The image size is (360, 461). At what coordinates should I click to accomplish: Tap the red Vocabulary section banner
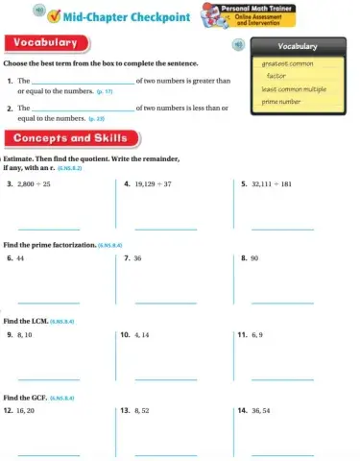click(x=47, y=43)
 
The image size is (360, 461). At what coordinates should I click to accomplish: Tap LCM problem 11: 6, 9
click(x=256, y=335)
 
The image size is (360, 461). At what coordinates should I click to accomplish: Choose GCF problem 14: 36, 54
click(x=260, y=410)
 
